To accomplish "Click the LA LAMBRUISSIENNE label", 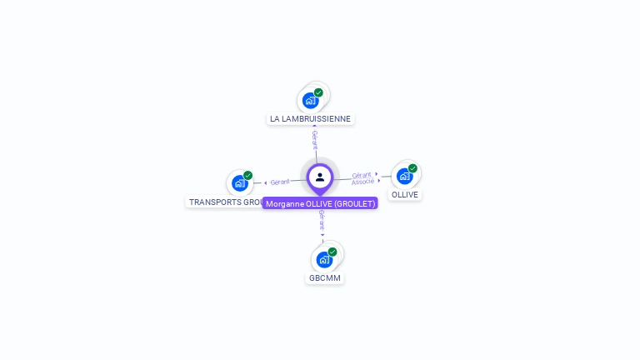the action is pyautogui.click(x=310, y=119).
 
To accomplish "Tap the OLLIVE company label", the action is pyautogui.click(x=405, y=195).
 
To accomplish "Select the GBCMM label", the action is pyautogui.click(x=324, y=277).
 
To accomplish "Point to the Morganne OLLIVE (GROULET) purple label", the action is pyautogui.click(x=321, y=203).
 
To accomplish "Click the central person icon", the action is pyautogui.click(x=320, y=177).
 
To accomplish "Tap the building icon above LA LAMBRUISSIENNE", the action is pyautogui.click(x=310, y=101).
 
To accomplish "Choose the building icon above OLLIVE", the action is pyautogui.click(x=404, y=176).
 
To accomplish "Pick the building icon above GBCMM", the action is pyautogui.click(x=324, y=259).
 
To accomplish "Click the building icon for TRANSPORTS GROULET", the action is pyautogui.click(x=239, y=183).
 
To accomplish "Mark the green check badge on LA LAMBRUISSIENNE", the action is pyautogui.click(x=318, y=92).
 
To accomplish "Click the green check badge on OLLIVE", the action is pyautogui.click(x=412, y=168).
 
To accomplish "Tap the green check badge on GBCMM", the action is pyautogui.click(x=332, y=252).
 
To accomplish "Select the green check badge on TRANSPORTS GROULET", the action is pyautogui.click(x=247, y=176).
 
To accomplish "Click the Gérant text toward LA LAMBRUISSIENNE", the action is pyautogui.click(x=314, y=139).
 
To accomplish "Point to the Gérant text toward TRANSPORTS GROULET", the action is pyautogui.click(x=280, y=182).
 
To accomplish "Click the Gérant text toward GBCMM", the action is pyautogui.click(x=322, y=220).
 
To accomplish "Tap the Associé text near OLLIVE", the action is pyautogui.click(x=362, y=181).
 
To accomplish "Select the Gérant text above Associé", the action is pyautogui.click(x=362, y=175).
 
